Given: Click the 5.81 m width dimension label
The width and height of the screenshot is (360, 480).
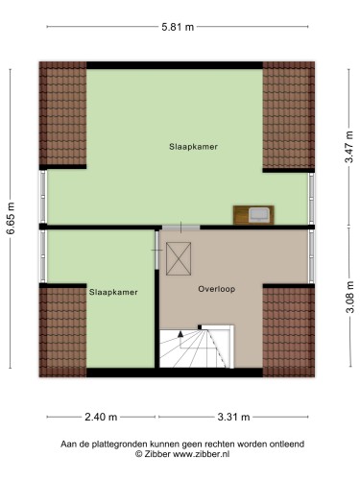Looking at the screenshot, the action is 178,27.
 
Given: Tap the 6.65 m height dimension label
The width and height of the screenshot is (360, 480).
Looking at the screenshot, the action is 11,219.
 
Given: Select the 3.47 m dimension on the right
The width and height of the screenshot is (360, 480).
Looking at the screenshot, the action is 349,147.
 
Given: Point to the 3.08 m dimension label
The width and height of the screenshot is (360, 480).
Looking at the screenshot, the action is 349,297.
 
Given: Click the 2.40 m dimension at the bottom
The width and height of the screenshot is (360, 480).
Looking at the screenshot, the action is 101,417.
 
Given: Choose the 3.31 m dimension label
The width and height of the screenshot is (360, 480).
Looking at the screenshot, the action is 233,417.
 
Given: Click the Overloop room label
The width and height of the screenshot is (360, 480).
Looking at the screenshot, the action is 217,289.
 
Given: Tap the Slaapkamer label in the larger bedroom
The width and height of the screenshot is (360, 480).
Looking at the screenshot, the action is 193,147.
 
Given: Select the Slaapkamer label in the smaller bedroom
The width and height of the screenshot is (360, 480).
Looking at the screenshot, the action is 113,292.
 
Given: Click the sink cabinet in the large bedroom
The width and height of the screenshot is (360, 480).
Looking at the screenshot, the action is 253,215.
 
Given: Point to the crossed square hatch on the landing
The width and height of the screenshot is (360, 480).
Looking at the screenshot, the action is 179,258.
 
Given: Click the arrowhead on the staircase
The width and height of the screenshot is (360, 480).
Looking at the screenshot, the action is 180,334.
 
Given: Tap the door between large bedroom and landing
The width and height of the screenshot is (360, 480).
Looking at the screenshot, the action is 180,228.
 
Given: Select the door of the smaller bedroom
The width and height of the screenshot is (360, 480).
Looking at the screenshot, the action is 156,250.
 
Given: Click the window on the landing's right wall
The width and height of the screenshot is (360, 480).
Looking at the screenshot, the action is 311,256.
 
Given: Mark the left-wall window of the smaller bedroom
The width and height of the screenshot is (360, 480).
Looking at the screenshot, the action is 43,256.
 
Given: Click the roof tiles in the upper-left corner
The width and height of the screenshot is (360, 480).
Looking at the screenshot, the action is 62,113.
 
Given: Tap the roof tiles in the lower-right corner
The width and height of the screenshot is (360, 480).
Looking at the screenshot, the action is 289,332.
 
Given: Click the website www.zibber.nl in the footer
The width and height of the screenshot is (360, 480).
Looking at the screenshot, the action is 201,454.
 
